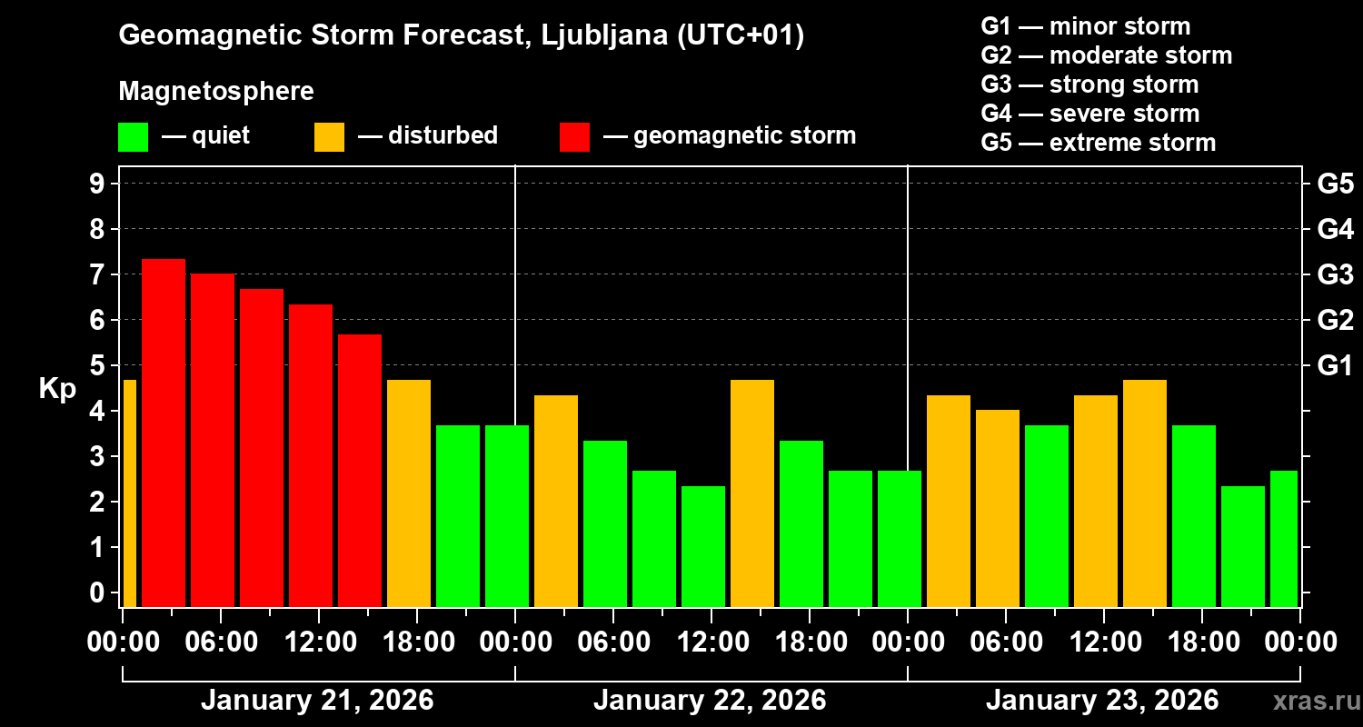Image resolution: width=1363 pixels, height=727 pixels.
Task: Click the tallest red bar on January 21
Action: tap(164, 433)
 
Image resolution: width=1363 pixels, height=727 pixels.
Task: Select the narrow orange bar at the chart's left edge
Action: tap(129, 493)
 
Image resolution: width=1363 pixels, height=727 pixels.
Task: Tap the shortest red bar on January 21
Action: tap(360, 470)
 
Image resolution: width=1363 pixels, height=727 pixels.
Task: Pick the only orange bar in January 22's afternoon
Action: tap(752, 493)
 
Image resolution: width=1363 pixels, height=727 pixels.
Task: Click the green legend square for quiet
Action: tap(133, 136)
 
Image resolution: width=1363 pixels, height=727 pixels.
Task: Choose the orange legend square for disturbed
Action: tap(329, 136)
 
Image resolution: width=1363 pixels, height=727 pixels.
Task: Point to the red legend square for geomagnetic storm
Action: tap(574, 136)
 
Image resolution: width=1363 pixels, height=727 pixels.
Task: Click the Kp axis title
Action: tap(57, 389)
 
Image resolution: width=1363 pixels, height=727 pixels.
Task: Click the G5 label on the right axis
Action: tap(1335, 184)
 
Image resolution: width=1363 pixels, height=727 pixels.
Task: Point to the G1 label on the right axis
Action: tap(1335, 366)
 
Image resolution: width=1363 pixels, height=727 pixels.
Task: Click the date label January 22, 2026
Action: tap(710, 701)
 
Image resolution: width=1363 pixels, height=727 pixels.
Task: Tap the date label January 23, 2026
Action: tap(1102, 701)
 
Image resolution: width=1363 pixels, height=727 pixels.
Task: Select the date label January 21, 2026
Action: tap(317, 701)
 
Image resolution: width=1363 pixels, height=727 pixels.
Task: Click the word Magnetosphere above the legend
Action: tap(216, 92)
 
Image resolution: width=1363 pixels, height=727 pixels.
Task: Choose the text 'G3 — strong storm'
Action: tap(1089, 85)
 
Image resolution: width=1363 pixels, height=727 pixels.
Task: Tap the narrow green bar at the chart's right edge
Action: tap(1283, 538)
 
